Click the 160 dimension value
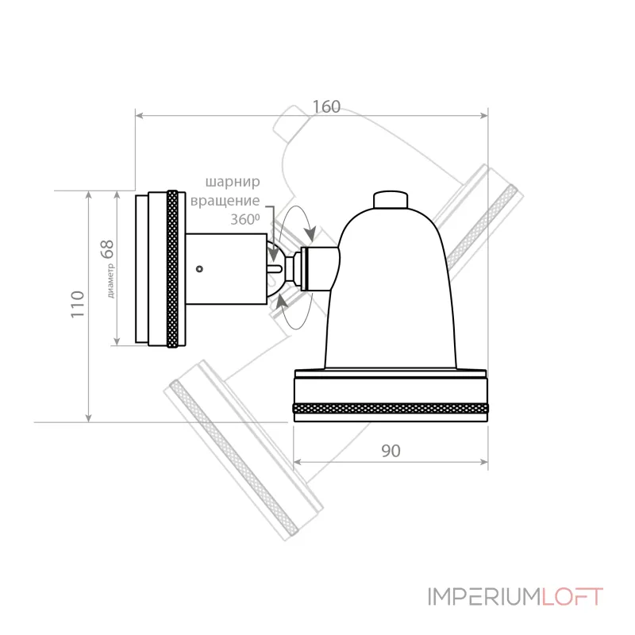(x=326, y=107)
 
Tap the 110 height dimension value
(x=78, y=304)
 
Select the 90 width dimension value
(x=391, y=451)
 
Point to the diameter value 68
(x=107, y=249)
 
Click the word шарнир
(x=233, y=183)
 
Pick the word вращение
(x=225, y=201)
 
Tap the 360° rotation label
(x=245, y=220)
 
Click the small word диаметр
(x=111, y=281)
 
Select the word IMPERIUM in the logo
(x=484, y=597)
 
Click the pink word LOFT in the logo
(x=572, y=597)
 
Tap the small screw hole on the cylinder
(x=199, y=268)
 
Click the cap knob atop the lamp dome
(x=390, y=200)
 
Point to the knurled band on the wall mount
(x=172, y=269)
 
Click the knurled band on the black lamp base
(x=391, y=408)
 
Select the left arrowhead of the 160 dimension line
(x=140, y=116)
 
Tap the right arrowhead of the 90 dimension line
(x=483, y=462)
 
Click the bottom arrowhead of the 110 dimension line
(x=89, y=418)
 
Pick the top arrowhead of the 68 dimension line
(x=117, y=195)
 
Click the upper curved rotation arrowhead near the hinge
(x=310, y=233)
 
